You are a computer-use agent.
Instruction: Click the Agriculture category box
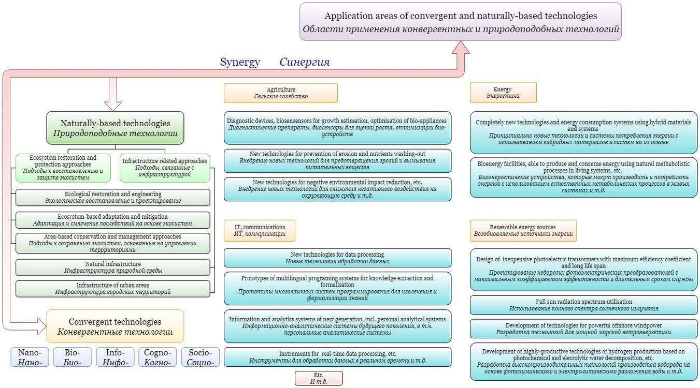click(281, 93)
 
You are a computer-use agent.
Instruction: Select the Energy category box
click(503, 92)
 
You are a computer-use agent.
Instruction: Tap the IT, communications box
click(260, 231)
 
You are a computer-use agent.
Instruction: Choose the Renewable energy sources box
click(523, 231)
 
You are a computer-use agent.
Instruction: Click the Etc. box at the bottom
click(319, 378)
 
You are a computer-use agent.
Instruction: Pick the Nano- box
click(30, 357)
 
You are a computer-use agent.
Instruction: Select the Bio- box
click(72, 357)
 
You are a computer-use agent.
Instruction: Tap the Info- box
click(115, 357)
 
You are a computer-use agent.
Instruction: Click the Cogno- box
click(158, 357)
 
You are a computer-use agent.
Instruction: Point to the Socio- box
click(201, 357)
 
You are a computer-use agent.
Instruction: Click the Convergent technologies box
click(115, 326)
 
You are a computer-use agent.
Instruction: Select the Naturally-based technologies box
click(115, 128)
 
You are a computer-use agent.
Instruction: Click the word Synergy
click(240, 62)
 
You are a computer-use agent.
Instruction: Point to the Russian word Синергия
click(304, 62)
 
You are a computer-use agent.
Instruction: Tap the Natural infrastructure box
click(113, 267)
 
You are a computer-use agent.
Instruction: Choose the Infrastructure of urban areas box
click(113, 289)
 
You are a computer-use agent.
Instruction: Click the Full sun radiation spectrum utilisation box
click(583, 305)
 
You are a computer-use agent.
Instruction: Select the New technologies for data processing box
click(337, 258)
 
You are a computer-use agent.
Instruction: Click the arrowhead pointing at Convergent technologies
click(42, 326)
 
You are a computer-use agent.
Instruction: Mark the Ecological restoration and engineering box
click(113, 198)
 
